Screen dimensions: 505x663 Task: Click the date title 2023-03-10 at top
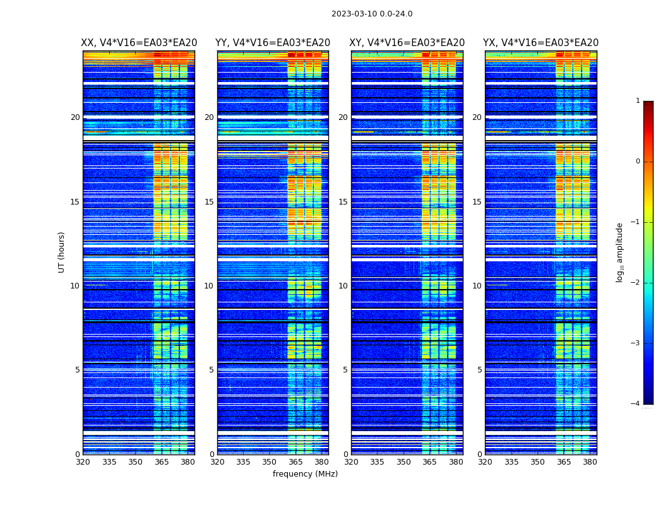[x=371, y=14]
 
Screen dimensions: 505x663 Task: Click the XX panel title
[x=139, y=43]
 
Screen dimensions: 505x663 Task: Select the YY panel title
[x=273, y=43]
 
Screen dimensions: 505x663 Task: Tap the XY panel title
[x=407, y=43]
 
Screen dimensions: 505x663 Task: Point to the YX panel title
[x=541, y=43]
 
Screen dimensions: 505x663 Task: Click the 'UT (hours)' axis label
[x=62, y=252]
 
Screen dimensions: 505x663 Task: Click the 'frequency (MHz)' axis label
[x=305, y=474]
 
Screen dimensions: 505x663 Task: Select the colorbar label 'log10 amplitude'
[x=620, y=252]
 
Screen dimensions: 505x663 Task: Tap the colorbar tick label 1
[x=637, y=101]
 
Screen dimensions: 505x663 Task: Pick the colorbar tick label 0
[x=637, y=162]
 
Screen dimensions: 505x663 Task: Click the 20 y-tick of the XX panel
[x=75, y=117]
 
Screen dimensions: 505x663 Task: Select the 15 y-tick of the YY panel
[x=209, y=202]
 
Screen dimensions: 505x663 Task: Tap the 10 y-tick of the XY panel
[x=343, y=286]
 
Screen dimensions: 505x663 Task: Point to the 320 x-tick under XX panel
[x=83, y=462]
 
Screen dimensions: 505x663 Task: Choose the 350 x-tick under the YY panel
[x=270, y=462]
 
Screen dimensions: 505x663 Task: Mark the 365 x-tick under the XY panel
[x=429, y=462]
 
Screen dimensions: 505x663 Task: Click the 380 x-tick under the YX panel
[x=590, y=462]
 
